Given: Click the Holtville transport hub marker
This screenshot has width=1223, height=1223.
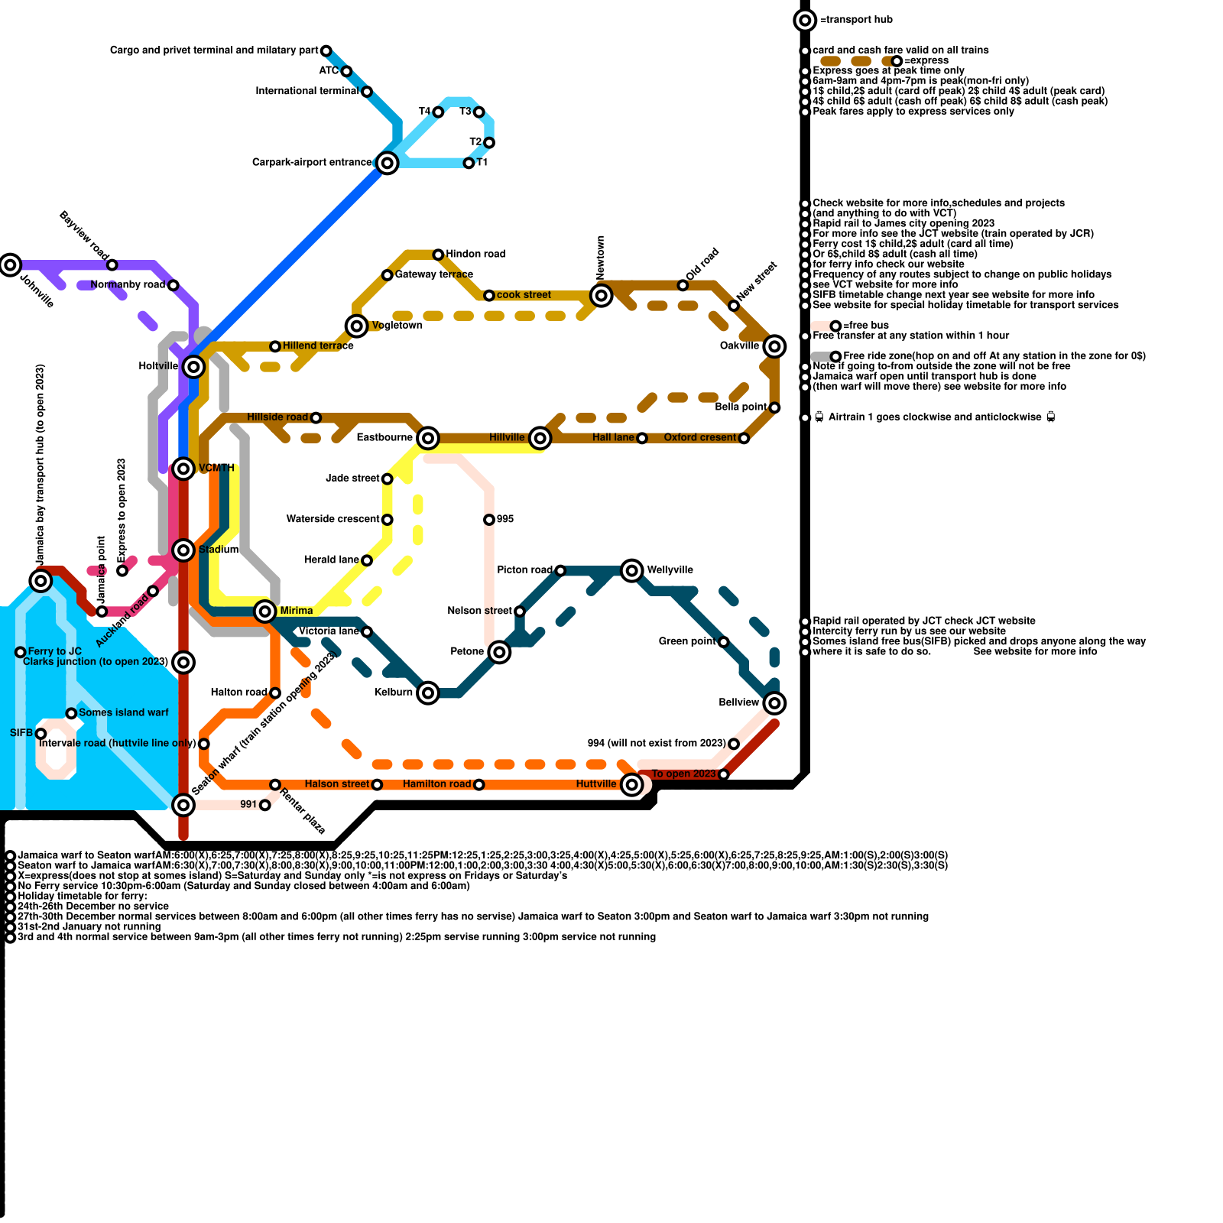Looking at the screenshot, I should pyautogui.click(x=194, y=367).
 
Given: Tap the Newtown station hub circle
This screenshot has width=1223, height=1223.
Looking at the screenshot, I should pyautogui.click(x=602, y=295).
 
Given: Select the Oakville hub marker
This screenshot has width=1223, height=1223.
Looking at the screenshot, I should pyautogui.click(x=774, y=346).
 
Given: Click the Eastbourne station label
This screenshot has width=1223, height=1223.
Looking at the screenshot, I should pyautogui.click(x=384, y=438).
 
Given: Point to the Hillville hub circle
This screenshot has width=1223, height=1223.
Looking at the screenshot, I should pyautogui.click(x=540, y=438).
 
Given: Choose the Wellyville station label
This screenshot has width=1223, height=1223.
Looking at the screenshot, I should pyautogui.click(x=670, y=570).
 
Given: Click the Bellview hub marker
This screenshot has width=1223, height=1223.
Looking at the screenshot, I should pyautogui.click(x=774, y=702).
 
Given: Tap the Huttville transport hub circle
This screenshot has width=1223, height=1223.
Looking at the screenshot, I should pyautogui.click(x=631, y=784).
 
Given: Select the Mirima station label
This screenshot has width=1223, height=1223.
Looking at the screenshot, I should pyautogui.click(x=296, y=611).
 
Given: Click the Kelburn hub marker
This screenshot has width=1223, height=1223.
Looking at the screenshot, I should pyautogui.click(x=428, y=693).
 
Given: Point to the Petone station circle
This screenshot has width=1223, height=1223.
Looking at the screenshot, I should pyautogui.click(x=499, y=652).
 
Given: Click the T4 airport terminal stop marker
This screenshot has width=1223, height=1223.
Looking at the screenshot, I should pyautogui.click(x=438, y=112).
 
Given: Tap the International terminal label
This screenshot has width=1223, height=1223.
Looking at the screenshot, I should pyautogui.click(x=307, y=92).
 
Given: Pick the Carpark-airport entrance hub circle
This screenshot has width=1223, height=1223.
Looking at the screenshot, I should pyautogui.click(x=388, y=163).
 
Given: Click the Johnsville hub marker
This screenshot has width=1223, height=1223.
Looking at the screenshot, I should pyautogui.click(x=10, y=265).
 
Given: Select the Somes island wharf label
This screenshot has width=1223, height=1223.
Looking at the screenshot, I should pyautogui.click(x=123, y=713).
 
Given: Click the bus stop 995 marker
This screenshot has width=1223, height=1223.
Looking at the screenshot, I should pyautogui.click(x=489, y=520).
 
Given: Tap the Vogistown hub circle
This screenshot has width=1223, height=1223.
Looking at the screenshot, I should pyautogui.click(x=356, y=326).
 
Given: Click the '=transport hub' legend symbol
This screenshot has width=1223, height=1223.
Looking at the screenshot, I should pyautogui.click(x=805, y=20).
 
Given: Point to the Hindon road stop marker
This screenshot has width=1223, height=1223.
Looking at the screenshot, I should pyautogui.click(x=438, y=255).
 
